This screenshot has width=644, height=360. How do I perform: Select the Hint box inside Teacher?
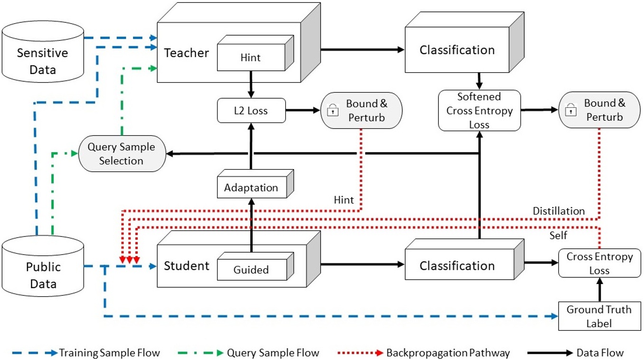pyautogui.click(x=251, y=58)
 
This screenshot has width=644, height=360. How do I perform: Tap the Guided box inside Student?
pyautogui.click(x=251, y=270)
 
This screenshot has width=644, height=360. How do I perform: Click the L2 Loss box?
pyautogui.click(x=251, y=111)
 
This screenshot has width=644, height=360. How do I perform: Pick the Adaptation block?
pyautogui.click(x=251, y=188)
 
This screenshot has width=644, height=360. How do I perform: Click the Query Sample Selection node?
pyautogui.click(x=121, y=154)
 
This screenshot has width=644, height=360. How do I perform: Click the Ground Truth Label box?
pyautogui.click(x=599, y=317)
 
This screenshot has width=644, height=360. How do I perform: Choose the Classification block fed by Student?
pyautogui.click(x=457, y=266)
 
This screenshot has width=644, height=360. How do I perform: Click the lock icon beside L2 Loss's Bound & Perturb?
pyautogui.click(x=333, y=111)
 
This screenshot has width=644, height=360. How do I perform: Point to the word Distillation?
pyautogui.click(x=559, y=211)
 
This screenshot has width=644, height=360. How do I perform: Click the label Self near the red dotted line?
pyautogui.click(x=558, y=236)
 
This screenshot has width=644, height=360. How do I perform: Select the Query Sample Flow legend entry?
pyautogui.click(x=273, y=353)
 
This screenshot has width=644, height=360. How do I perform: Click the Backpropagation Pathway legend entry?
pyautogui.click(x=448, y=353)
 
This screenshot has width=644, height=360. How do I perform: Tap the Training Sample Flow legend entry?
pyautogui.click(x=109, y=353)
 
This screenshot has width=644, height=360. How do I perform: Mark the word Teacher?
pyautogui.click(x=186, y=53)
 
